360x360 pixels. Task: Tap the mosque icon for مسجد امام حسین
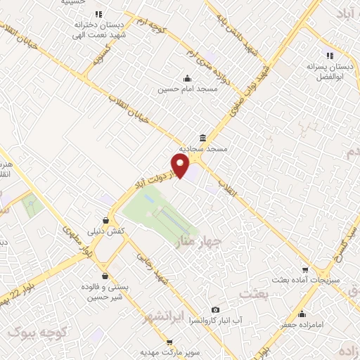point(187,79)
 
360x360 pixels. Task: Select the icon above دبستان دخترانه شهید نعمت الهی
point(98,14)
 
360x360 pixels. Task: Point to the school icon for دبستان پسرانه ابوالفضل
point(328,56)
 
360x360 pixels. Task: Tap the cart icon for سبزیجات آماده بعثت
point(304,269)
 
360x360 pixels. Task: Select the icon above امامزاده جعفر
point(302,314)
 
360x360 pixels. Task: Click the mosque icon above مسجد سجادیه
point(202,138)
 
